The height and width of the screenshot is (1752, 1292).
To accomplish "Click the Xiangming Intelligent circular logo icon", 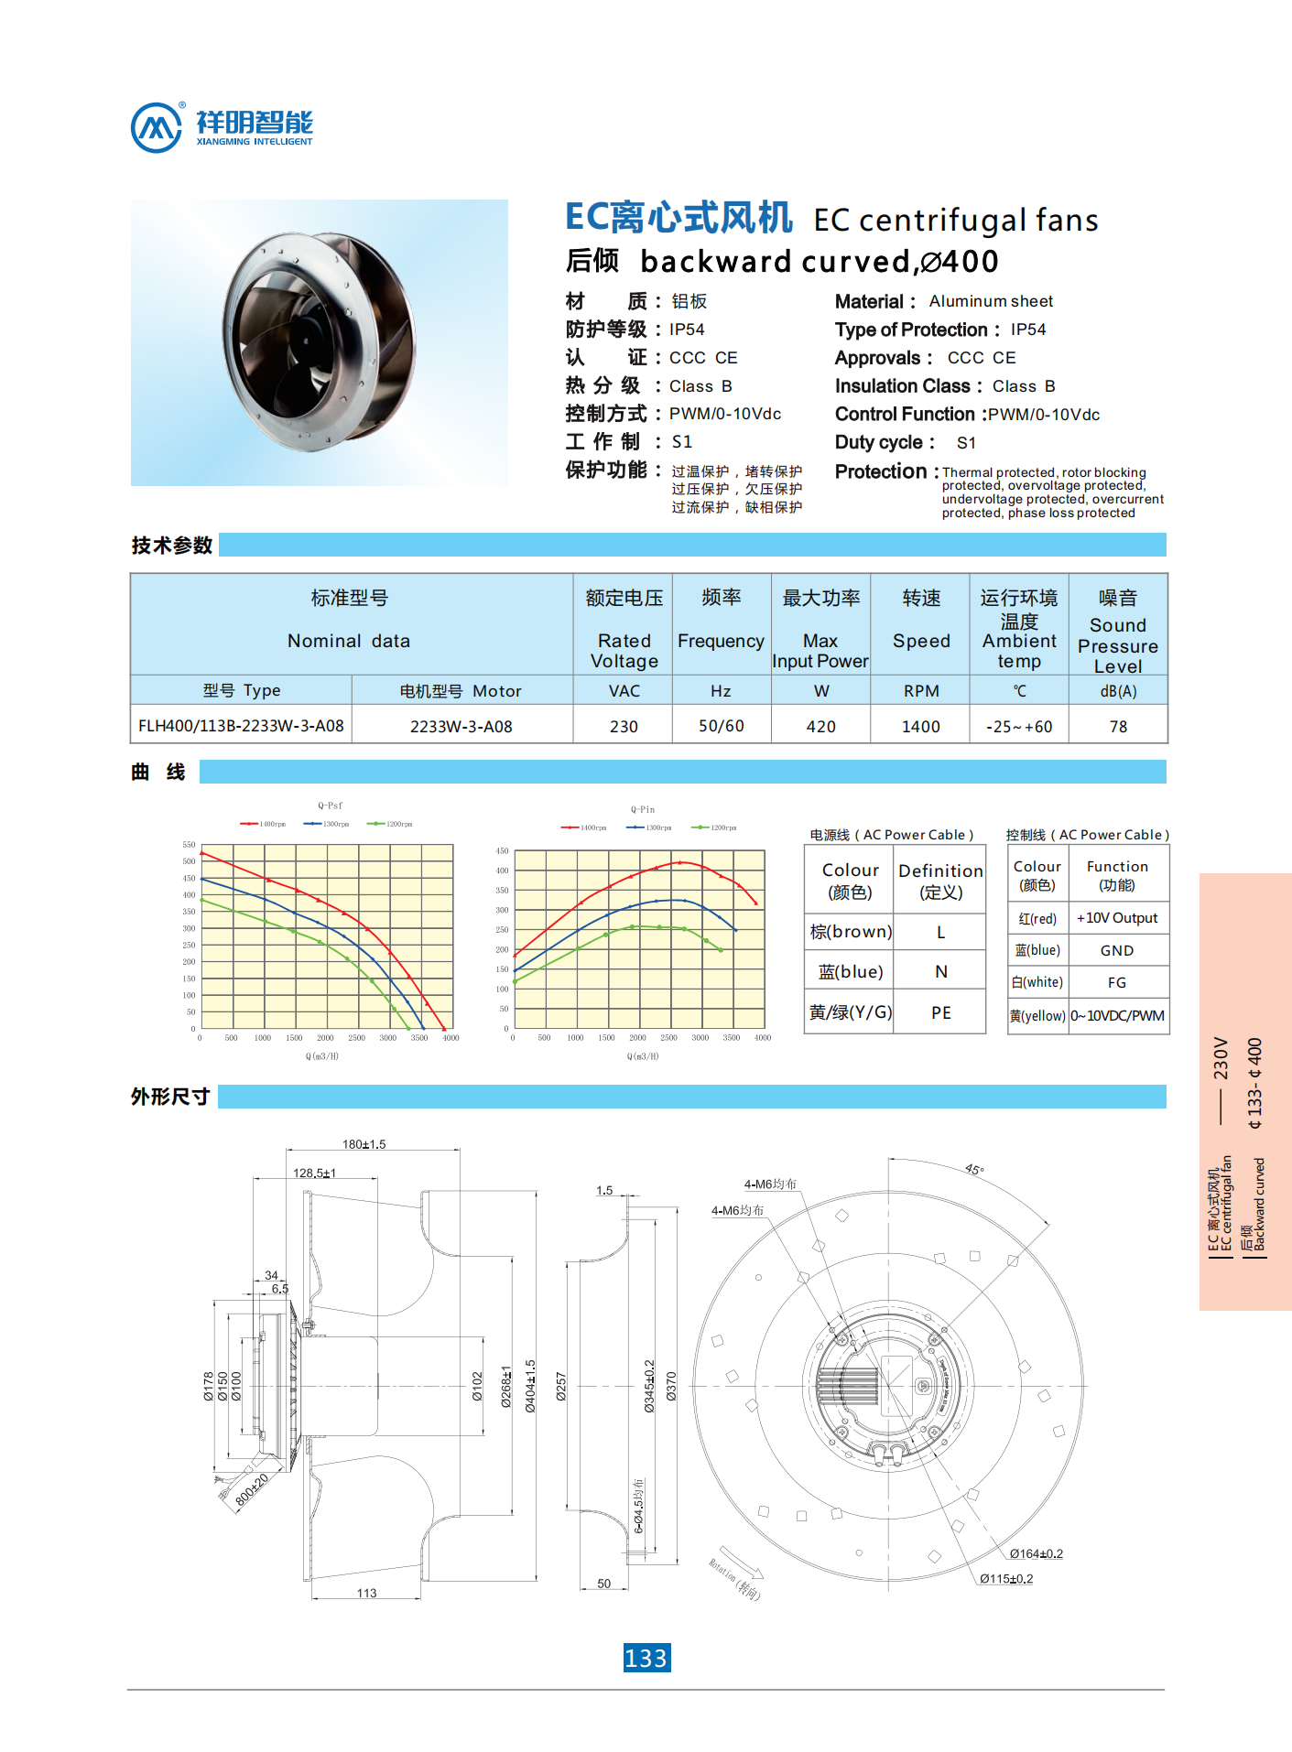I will (x=157, y=127).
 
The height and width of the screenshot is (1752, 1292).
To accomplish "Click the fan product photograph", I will (x=319, y=341).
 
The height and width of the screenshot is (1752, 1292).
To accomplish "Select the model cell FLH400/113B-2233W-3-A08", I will (x=241, y=726).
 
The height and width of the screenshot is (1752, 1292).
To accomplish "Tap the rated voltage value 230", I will (x=624, y=726).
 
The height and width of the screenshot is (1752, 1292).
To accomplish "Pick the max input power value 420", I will (x=820, y=726).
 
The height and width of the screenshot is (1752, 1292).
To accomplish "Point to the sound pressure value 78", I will (x=1118, y=726).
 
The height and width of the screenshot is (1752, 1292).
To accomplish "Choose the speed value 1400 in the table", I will (x=920, y=726).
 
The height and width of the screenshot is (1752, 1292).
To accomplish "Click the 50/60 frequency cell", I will (x=722, y=726).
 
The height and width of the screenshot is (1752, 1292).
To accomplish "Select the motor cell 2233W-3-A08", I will (x=461, y=726).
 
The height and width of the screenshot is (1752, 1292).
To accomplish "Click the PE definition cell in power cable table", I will (x=940, y=1012).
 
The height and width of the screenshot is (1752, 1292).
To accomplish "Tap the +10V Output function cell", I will (x=1117, y=918).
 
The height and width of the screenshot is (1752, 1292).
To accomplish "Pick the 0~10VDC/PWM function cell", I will (x=1117, y=1016).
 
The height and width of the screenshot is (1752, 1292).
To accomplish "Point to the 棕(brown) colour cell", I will (x=850, y=932).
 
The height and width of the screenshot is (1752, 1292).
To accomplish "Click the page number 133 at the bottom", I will (x=646, y=1658).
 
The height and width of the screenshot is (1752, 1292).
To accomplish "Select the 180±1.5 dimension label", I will (x=364, y=1144).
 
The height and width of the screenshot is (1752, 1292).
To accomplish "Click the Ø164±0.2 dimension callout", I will (x=1036, y=1553).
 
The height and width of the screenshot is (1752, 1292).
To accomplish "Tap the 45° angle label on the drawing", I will (x=974, y=1170).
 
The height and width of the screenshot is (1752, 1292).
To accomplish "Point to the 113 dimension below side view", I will (x=366, y=1593).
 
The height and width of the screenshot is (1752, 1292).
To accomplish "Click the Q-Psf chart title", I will (x=330, y=806).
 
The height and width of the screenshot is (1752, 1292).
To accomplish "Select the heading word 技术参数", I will (x=172, y=546).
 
